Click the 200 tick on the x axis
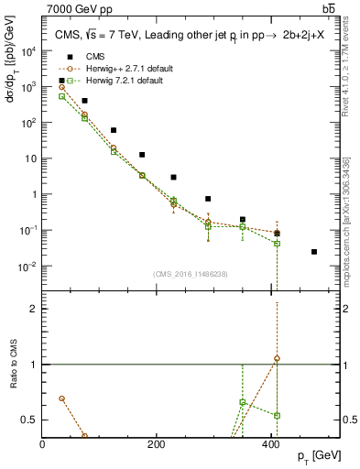[156, 444]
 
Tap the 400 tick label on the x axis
[269, 444]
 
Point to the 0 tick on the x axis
[43, 444]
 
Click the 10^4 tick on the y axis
[28, 51]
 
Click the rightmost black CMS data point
[314, 251]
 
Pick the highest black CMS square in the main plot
[84, 101]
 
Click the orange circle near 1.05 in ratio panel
[278, 358]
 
